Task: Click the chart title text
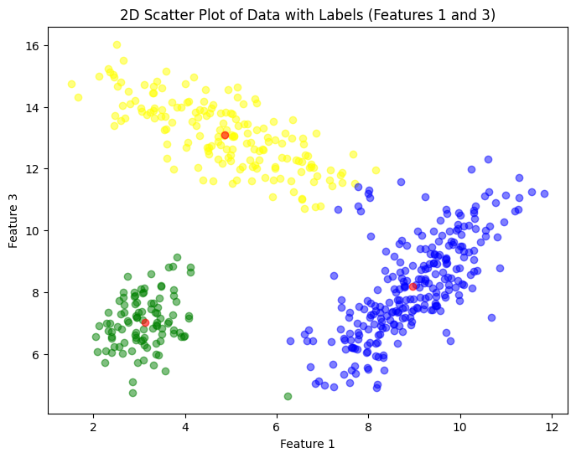point(307,14)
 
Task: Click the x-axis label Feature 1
point(307,444)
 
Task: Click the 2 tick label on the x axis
point(93,427)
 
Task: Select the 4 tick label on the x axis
point(184,427)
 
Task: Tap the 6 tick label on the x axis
point(277,427)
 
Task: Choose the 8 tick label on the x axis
point(368,427)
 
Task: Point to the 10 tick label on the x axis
point(459,427)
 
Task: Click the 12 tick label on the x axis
point(552,427)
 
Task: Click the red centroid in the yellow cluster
point(225,135)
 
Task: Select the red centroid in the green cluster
point(145,322)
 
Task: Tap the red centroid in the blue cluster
point(413,286)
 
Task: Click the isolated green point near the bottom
point(288,396)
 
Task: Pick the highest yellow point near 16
point(117,45)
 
